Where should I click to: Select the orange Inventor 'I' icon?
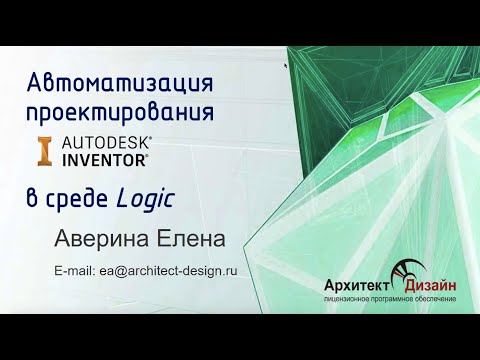tap(45, 149)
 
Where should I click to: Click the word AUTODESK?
tap(108, 142)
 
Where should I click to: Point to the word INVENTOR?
tap(104, 158)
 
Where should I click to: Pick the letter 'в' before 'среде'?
tap(33, 200)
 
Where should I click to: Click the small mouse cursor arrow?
tap(287, 67)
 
